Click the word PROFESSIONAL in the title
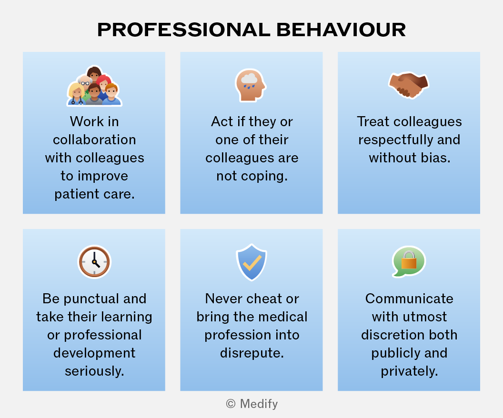pos(184,30)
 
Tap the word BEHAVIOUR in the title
pos(341,30)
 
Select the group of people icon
pos(94,86)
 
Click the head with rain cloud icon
pos(251,85)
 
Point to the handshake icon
pos(409,85)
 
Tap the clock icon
pos(94,262)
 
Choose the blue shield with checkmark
pos(251,262)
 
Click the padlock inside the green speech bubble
pos(409,260)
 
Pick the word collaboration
pos(94,140)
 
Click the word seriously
pos(94,371)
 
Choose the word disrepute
pos(252,353)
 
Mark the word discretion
pos(391,335)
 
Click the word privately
pos(409,371)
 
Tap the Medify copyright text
pos(252,404)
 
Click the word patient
pos(74,194)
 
